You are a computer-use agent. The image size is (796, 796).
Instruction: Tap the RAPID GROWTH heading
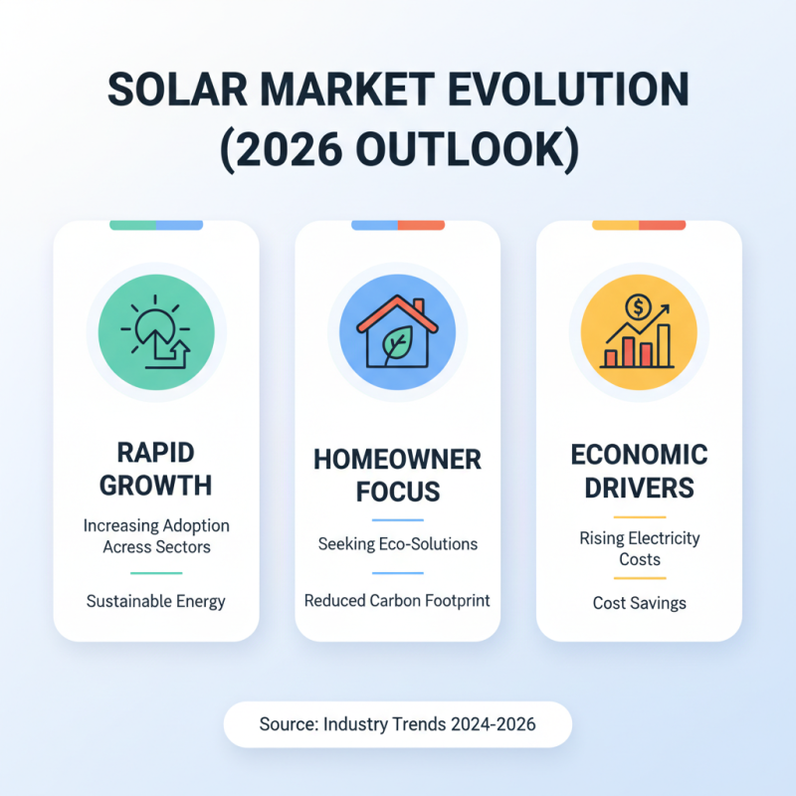[156, 469]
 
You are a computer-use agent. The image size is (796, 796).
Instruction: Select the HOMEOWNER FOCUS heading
[397, 475]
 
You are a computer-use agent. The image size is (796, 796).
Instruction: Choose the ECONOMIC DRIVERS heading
[639, 473]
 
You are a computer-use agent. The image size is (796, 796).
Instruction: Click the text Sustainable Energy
[156, 601]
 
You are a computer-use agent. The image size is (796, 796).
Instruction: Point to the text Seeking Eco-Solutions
[397, 544]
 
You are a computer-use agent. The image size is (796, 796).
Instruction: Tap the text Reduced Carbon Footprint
[397, 601]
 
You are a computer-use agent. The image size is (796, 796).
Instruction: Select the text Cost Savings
[639, 603]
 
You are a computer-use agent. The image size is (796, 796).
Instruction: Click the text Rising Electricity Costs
[639, 548]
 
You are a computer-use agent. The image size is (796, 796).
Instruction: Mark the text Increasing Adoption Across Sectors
[156, 535]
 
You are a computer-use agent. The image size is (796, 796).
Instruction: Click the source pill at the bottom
[397, 724]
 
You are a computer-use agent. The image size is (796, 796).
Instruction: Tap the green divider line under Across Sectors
[156, 573]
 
